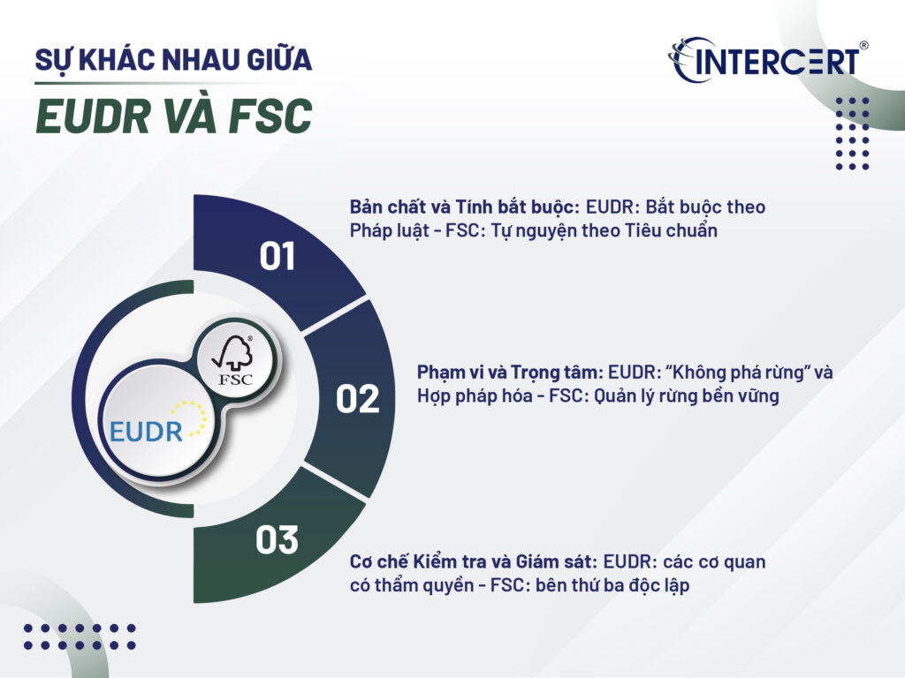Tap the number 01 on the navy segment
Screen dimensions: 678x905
278,256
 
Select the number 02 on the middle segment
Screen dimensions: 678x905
358,399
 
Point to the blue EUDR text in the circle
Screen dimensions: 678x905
147,431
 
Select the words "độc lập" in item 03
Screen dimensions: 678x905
655,585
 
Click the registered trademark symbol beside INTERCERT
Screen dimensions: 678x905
863,43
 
